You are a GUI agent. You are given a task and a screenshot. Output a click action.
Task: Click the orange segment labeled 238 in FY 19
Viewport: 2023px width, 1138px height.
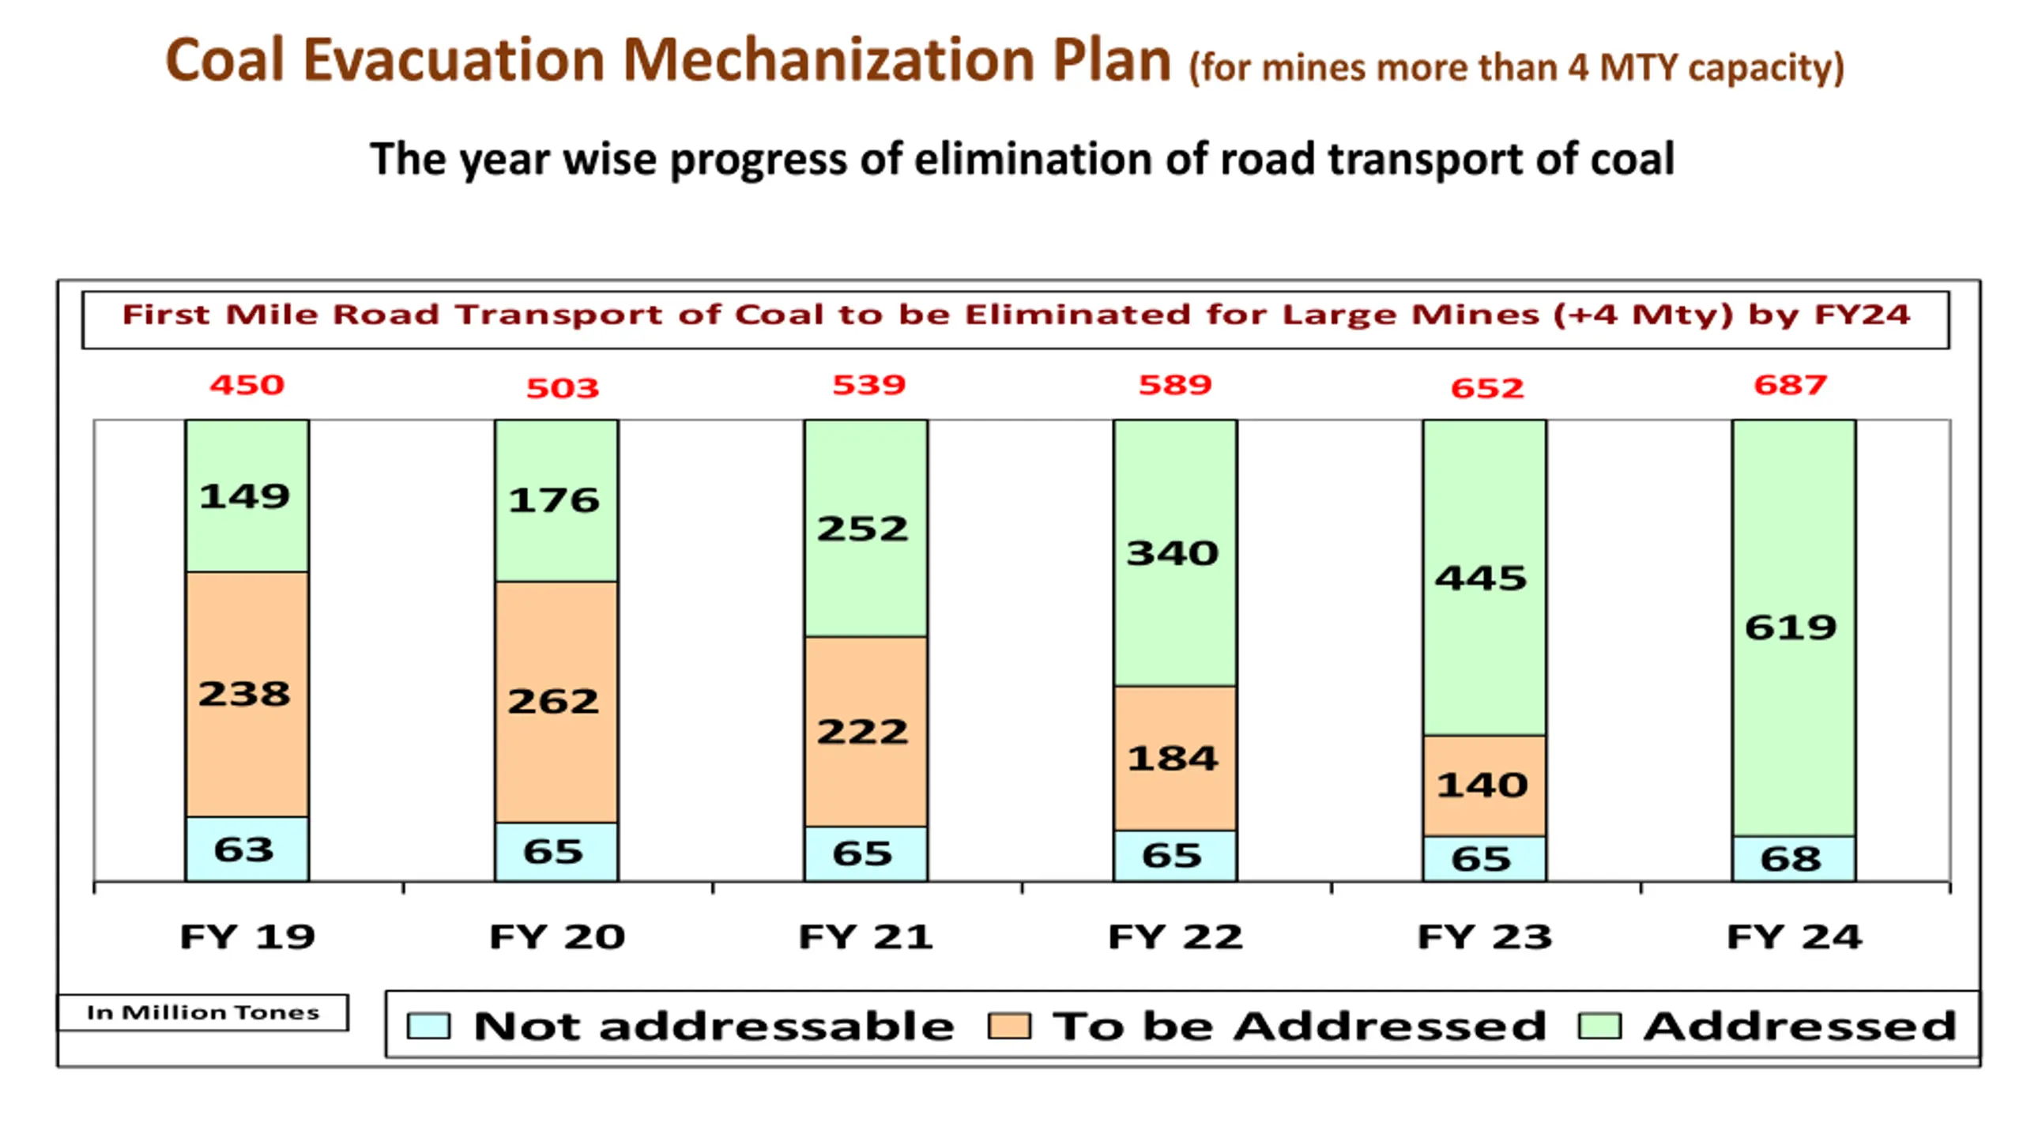coord(247,694)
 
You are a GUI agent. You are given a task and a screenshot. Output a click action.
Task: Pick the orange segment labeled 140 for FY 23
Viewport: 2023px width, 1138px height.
coord(1484,786)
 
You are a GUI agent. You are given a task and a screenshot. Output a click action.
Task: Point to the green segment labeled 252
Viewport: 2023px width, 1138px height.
coord(865,528)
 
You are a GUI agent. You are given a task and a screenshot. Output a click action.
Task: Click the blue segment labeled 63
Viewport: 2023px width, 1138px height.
coord(247,850)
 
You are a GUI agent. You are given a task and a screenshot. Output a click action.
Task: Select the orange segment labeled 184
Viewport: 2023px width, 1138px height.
coord(1175,759)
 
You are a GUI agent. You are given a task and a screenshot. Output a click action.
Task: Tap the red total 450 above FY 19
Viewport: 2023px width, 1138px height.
coord(247,385)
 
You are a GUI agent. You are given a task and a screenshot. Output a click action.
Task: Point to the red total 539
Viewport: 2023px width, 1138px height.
coord(868,385)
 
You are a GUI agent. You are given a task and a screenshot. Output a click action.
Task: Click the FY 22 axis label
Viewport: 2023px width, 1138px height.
coord(1175,937)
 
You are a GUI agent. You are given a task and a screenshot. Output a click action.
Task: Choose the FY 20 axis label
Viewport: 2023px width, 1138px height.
coord(556,937)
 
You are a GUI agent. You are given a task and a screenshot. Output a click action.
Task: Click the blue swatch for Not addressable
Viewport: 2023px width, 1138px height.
coord(428,1027)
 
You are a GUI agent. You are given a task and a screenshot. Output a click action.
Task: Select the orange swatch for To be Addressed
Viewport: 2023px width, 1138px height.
coord(1009,1027)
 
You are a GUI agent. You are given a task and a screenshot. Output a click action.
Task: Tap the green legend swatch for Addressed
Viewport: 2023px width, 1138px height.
coord(1599,1027)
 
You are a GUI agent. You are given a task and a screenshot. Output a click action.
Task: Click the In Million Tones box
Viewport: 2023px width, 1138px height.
coord(203,1012)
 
